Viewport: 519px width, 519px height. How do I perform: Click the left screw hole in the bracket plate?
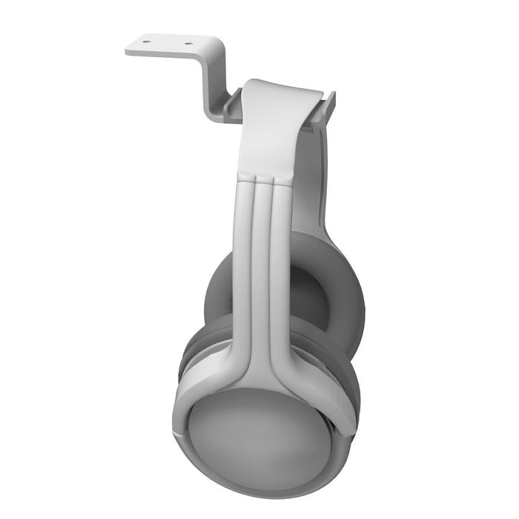click(x=145, y=42)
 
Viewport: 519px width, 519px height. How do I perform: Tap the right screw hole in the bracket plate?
click(x=188, y=43)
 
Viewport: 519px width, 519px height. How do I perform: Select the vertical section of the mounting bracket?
click(x=214, y=82)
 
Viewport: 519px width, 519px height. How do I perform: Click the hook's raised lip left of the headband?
click(x=231, y=104)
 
